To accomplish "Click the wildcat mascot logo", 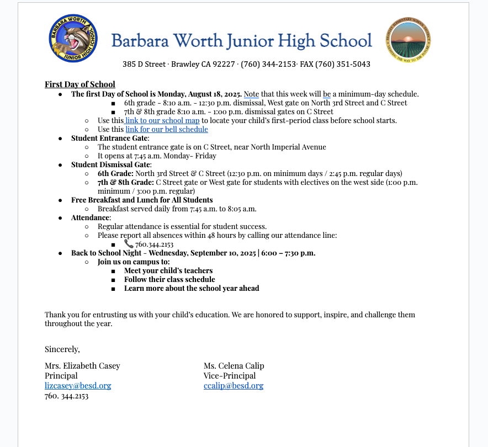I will click(x=73, y=39).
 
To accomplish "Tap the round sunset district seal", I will click(x=408, y=40).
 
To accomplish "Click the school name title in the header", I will click(x=241, y=40).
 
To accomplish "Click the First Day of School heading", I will click(x=79, y=84).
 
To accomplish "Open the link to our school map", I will click(x=162, y=120).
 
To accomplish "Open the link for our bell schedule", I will click(x=167, y=129).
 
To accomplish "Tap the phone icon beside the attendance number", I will click(x=129, y=244).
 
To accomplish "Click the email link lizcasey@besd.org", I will click(x=78, y=386).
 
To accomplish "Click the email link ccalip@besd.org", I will click(x=233, y=386).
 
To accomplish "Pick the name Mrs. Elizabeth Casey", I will click(x=82, y=366).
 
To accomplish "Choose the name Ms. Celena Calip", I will click(x=234, y=366).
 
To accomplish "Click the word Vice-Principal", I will click(x=230, y=376).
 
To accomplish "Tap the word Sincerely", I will click(x=62, y=349).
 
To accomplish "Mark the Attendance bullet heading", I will click(x=91, y=217).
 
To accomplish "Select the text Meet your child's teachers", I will click(x=168, y=270).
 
